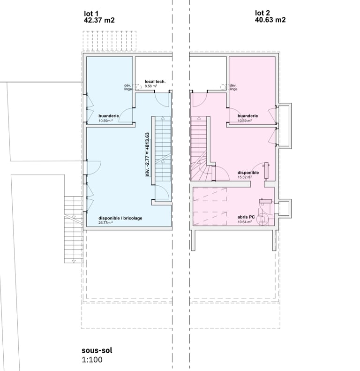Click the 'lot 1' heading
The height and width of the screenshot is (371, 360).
point(91,14)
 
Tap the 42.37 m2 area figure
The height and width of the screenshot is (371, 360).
point(99,20)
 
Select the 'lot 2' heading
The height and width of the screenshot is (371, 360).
point(262,13)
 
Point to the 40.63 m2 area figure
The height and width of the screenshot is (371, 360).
point(270,20)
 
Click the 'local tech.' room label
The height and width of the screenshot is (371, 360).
point(155,82)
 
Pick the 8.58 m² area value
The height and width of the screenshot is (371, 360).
point(151,86)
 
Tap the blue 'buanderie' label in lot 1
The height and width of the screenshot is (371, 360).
point(109,116)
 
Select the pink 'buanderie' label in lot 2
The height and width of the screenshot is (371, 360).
point(247,116)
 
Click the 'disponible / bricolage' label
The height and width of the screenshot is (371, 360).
point(120,218)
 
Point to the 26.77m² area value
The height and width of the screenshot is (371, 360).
point(105,223)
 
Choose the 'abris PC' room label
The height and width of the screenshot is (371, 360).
point(246,217)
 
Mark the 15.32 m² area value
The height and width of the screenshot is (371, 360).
point(245,177)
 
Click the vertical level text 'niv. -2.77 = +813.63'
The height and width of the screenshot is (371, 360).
point(148,154)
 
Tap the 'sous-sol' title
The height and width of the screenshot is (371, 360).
point(97,350)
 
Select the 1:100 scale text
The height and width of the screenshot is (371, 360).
point(92,360)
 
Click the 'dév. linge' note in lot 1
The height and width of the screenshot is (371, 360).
point(128,87)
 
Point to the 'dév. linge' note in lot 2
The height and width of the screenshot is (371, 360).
point(233,87)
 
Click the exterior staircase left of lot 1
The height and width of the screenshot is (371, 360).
point(74,229)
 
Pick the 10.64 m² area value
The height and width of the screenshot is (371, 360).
point(245,222)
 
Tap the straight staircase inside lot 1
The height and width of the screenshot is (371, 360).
point(163,158)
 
